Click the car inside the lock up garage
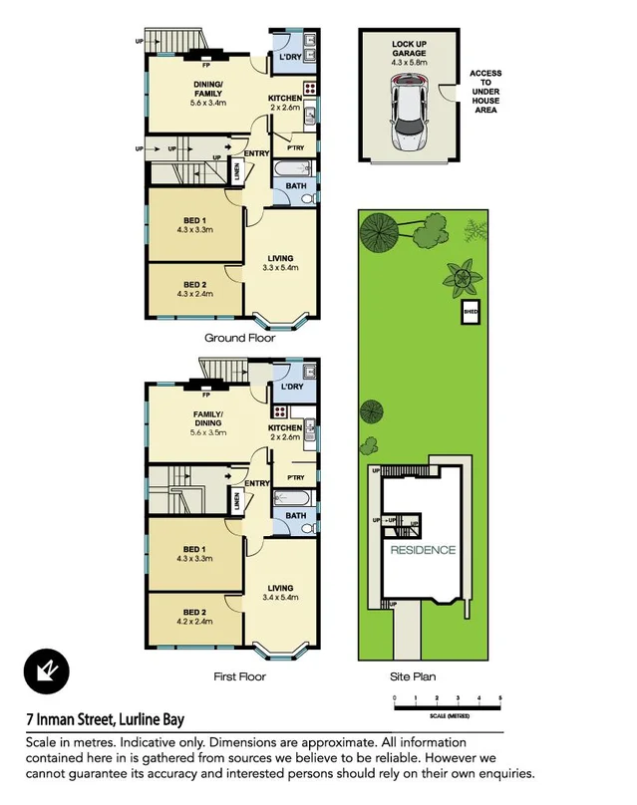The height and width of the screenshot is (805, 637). [410, 117]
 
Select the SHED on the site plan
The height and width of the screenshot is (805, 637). [470, 314]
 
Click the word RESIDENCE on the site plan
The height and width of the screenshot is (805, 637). [423, 550]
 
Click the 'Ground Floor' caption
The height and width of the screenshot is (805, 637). [239, 338]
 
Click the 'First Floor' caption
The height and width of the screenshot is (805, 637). [239, 676]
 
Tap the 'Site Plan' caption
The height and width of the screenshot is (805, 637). [413, 676]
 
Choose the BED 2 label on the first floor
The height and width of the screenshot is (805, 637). [195, 612]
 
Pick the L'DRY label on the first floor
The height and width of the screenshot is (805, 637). [292, 387]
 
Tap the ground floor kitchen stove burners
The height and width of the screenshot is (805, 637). [309, 88]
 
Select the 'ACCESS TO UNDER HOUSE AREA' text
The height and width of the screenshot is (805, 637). [486, 92]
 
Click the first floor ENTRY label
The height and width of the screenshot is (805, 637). [257, 484]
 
